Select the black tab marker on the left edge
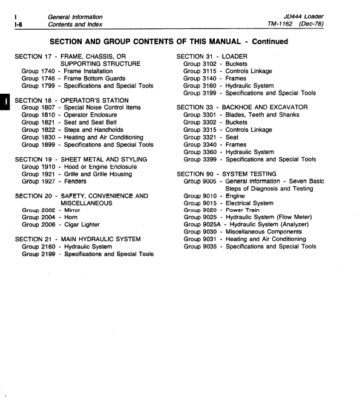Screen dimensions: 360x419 point(4,101)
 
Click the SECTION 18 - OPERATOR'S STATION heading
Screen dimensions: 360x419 point(71,100)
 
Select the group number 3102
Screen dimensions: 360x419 point(206,63)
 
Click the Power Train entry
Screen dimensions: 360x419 point(243,210)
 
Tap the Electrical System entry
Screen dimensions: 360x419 point(249,203)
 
